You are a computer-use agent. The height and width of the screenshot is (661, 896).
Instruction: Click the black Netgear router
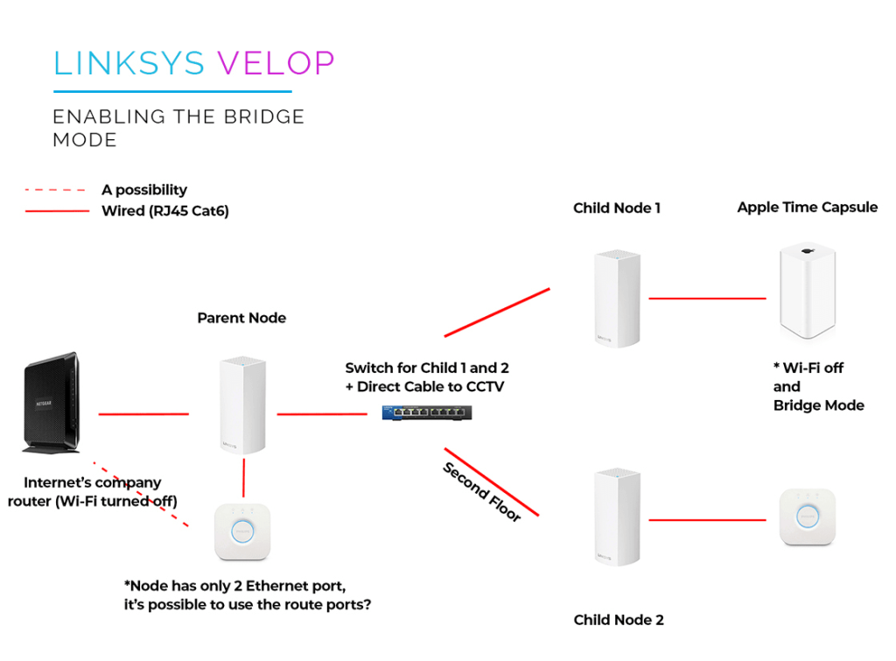51,403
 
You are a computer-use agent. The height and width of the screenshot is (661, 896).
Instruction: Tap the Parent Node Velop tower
241,405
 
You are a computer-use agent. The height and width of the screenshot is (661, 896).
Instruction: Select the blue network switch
426,412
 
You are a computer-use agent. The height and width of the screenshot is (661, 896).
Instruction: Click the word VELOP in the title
276,63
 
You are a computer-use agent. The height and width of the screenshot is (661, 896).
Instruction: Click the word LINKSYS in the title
129,63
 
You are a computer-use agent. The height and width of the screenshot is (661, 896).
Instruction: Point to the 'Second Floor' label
482,492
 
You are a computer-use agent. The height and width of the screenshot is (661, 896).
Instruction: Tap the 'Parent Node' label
241,318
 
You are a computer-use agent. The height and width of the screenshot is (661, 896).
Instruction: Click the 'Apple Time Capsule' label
807,207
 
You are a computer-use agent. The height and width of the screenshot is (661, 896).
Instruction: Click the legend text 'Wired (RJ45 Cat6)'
165,211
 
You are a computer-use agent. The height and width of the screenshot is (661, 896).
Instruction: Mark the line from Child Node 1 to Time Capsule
707,299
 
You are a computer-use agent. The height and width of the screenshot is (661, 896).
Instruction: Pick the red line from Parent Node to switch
321,414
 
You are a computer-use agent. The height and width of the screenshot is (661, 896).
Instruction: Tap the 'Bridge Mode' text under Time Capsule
818,405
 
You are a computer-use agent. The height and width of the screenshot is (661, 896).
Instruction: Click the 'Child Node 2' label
619,620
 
